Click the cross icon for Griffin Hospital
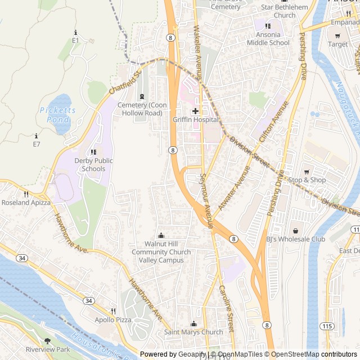pos(195,111)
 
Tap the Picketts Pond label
pos(57,115)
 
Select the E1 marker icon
pos(75,33)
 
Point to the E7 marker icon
pos(37,136)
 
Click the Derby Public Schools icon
pos(93,152)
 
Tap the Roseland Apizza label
pos(26,202)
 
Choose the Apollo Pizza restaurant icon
pos(113,311)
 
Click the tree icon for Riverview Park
pos(47,341)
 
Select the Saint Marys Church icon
pos(193,323)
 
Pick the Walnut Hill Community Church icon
pos(161,235)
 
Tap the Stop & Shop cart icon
pos(307,172)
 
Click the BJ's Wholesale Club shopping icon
pos(295,230)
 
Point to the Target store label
pos(338,44)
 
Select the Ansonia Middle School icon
pos(268,25)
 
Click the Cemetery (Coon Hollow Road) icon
pos(141,96)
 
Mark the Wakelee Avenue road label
pos(197,47)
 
